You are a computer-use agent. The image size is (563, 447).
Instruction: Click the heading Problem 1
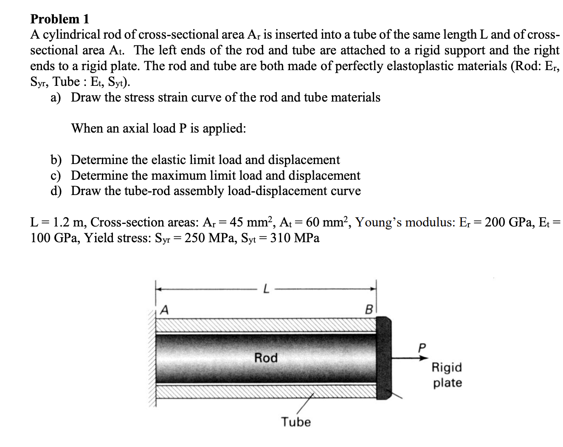(x=60, y=19)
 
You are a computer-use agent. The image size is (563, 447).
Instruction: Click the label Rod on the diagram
(x=266, y=358)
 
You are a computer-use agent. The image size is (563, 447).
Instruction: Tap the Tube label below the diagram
(x=296, y=422)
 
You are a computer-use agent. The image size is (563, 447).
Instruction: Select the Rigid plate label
(x=447, y=375)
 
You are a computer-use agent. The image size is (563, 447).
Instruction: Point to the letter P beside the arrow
(x=422, y=348)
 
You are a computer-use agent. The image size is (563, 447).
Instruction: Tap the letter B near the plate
(x=369, y=309)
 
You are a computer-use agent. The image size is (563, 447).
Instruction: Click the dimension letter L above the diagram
(x=266, y=290)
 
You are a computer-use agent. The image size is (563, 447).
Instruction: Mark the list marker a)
(x=56, y=98)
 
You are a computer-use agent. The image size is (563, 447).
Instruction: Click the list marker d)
(x=56, y=191)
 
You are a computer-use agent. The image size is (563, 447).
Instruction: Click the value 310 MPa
(x=295, y=238)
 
